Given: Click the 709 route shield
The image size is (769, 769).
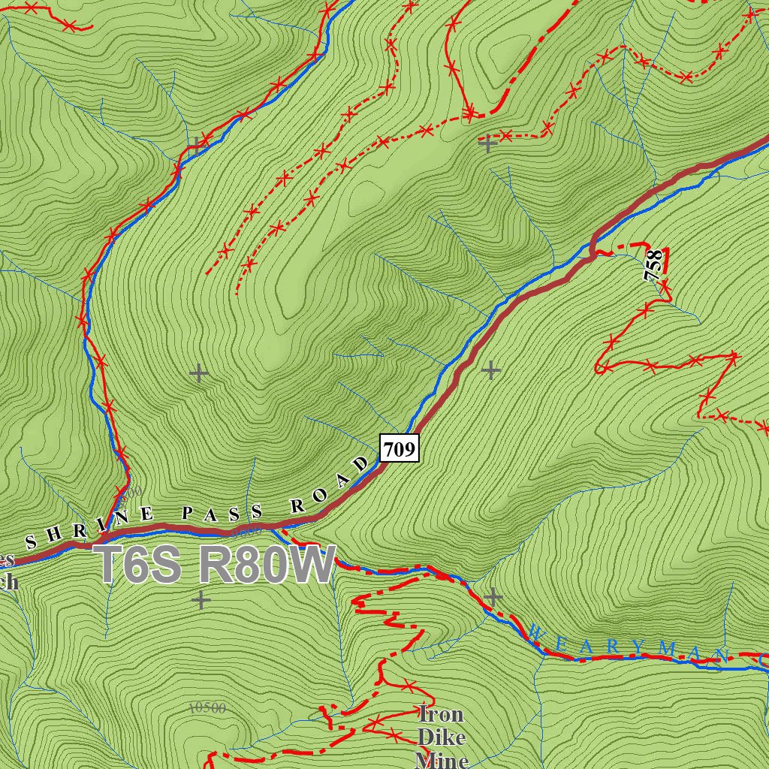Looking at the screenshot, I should coord(399,450).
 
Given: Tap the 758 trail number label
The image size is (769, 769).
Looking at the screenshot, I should coord(654,266).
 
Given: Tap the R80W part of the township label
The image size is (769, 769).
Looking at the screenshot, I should coord(267,565).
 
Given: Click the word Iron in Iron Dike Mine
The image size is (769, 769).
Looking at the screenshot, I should coord(441,713).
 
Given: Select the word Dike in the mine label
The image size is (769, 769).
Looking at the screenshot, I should coord(442,737).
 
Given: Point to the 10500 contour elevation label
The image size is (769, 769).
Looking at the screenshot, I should coord(207,707).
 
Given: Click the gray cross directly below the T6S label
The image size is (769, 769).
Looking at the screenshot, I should coord(201,600).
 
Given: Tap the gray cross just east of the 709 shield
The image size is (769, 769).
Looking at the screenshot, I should coord(491,369).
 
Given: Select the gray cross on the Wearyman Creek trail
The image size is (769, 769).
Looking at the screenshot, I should coord(493,597).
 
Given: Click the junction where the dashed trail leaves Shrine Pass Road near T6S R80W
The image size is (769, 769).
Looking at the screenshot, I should coord(283,532).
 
